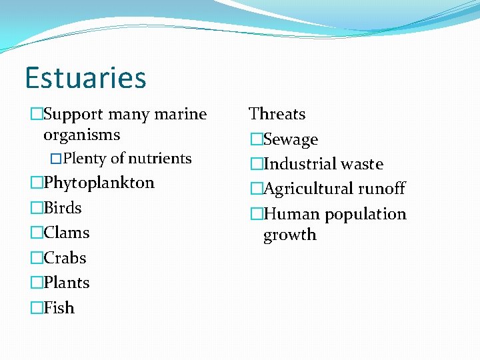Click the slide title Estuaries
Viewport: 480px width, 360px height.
(x=85, y=77)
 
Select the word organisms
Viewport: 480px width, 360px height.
(x=81, y=135)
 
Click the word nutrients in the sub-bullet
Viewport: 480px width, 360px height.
(x=159, y=159)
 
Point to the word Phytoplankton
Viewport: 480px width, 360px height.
(x=99, y=183)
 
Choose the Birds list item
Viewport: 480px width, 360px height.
(x=63, y=208)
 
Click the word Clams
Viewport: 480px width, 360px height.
(x=67, y=233)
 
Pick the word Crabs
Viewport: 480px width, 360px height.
(x=65, y=258)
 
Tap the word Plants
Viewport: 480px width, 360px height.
(x=67, y=283)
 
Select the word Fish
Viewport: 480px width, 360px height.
(x=59, y=308)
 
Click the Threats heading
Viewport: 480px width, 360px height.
(x=277, y=114)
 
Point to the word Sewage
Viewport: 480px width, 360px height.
(x=291, y=140)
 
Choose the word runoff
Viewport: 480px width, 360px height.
(x=381, y=189)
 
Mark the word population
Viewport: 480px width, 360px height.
(x=364, y=215)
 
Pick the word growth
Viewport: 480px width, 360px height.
(x=290, y=235)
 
